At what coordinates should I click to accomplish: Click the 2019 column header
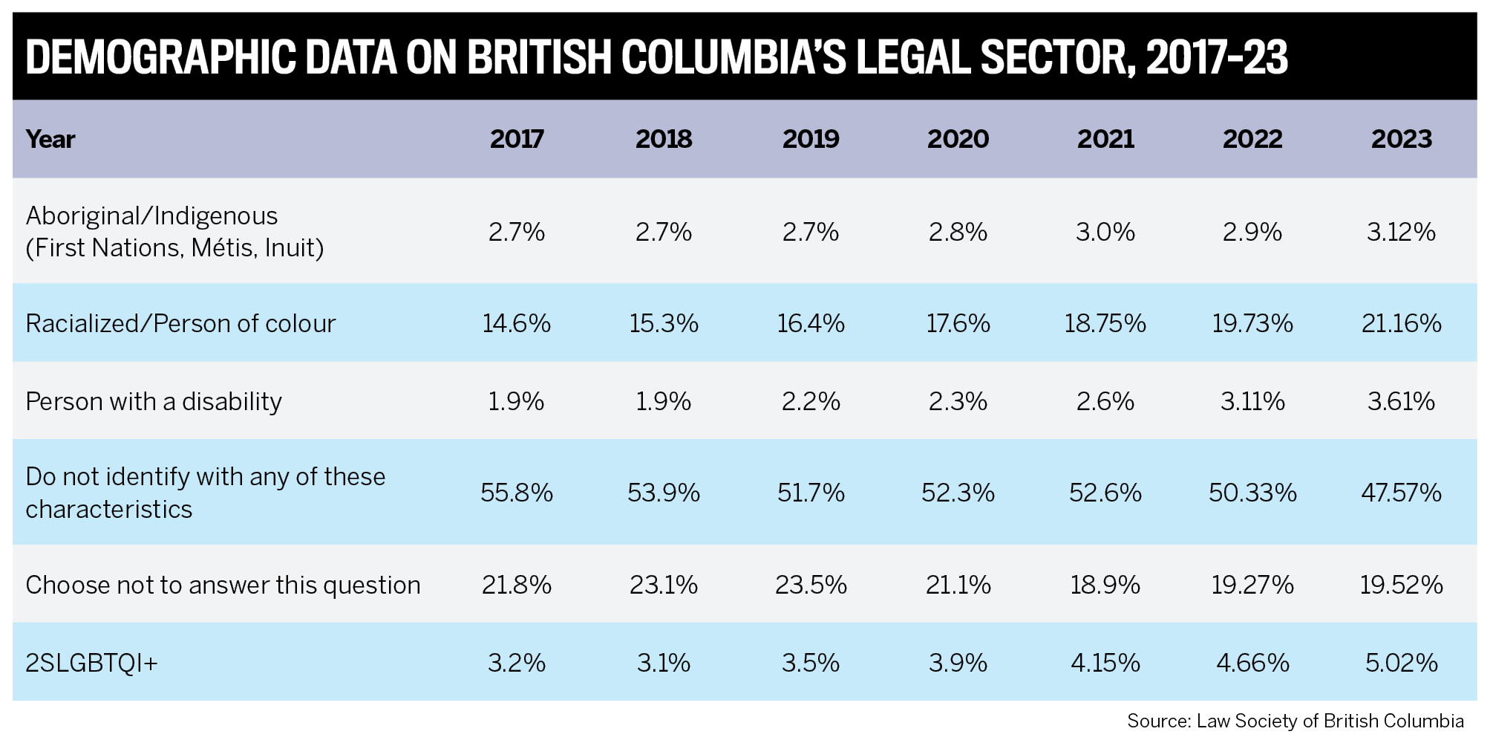click(810, 139)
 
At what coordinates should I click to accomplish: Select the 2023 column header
click(1401, 139)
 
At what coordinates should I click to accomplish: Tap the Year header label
click(50, 139)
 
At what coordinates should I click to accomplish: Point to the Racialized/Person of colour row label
click(180, 323)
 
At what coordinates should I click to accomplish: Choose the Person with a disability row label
click(154, 401)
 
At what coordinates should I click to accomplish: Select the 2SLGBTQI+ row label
click(91, 662)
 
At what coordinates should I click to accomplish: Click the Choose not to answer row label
click(223, 585)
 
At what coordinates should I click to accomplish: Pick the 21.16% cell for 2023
click(1401, 323)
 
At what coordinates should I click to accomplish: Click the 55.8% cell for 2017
click(516, 493)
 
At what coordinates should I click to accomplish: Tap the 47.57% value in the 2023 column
click(1401, 493)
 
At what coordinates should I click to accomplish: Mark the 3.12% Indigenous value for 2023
click(1401, 232)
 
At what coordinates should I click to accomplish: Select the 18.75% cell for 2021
click(1105, 323)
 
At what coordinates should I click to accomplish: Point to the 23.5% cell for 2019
click(811, 585)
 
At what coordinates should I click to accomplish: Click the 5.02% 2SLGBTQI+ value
click(1401, 662)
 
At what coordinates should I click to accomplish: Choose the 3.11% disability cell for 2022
click(1252, 401)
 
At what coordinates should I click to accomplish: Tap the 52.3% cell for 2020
click(958, 493)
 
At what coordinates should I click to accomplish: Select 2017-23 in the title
click(1217, 57)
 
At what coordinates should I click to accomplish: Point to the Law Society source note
click(1295, 721)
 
